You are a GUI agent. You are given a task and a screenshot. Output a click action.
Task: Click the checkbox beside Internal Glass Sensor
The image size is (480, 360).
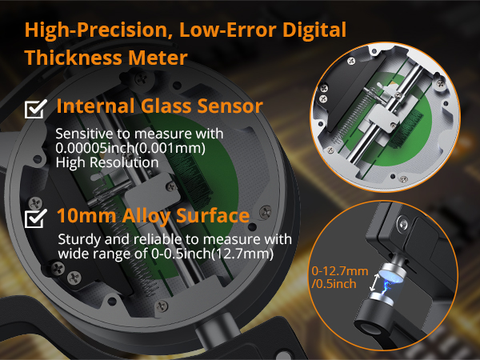(35, 108)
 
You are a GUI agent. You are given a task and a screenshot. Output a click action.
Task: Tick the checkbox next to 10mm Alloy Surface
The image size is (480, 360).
(35, 218)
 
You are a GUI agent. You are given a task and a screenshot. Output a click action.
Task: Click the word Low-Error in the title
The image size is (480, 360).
(212, 31)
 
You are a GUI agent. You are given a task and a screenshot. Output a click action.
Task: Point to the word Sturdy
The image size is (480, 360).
(77, 240)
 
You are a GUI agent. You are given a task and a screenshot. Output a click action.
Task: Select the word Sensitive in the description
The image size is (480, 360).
(81, 134)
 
